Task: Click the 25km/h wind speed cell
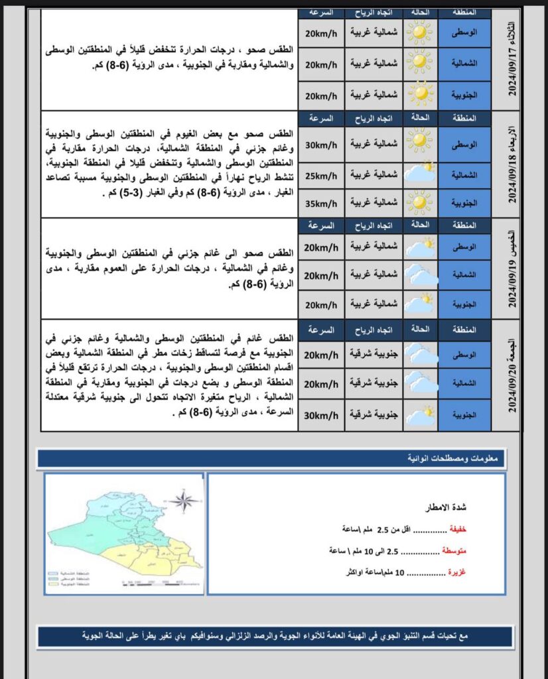321,175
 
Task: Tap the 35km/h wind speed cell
321,202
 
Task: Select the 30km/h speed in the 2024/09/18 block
321,145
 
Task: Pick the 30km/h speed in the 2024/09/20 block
321,416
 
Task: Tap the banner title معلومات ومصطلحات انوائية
454,458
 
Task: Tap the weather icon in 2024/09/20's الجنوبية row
419,416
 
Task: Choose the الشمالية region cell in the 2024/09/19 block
464,274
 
